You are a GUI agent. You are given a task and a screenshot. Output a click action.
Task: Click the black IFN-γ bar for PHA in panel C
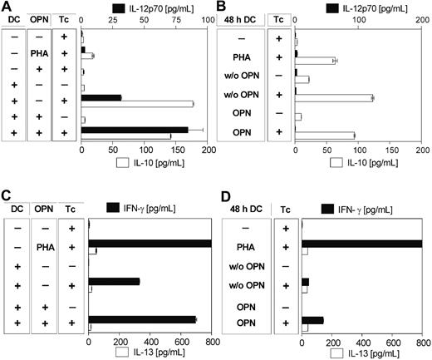click(x=150, y=243)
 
